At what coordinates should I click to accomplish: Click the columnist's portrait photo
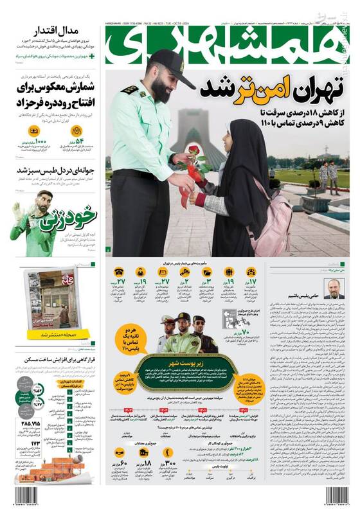(334, 288)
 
